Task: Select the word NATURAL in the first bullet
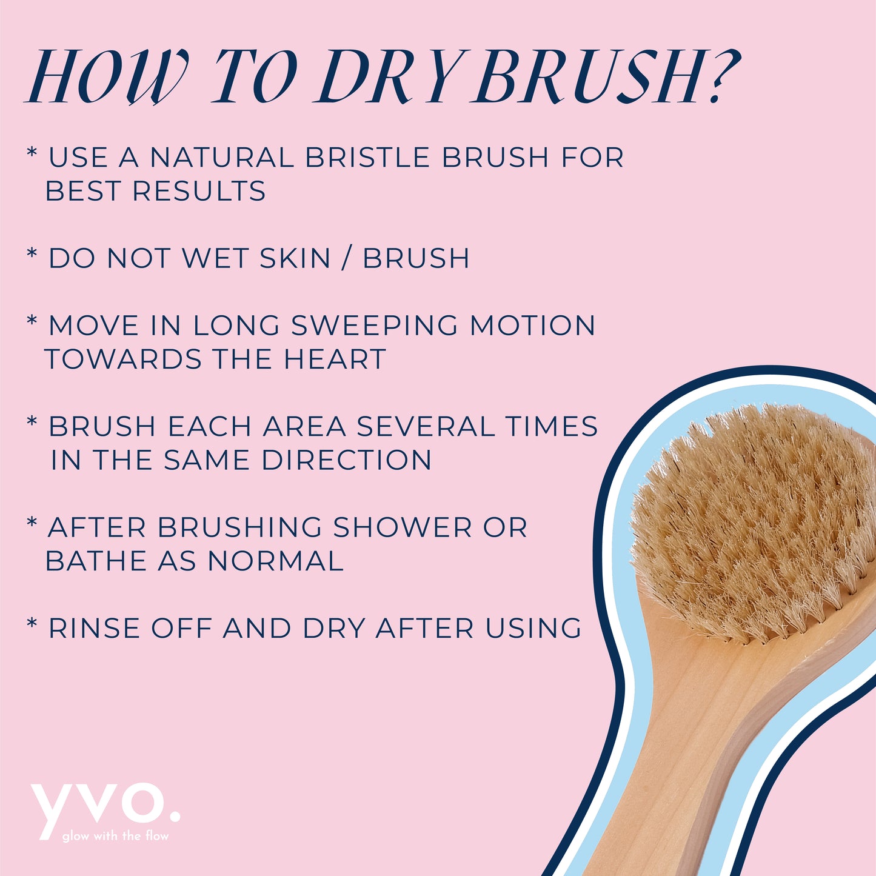click(x=222, y=158)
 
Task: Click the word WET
click(x=215, y=258)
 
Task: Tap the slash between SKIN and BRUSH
click(x=347, y=259)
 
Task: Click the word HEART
click(x=335, y=359)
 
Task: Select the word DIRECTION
click(x=347, y=460)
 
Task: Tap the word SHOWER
click(x=403, y=527)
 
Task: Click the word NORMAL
click(x=276, y=561)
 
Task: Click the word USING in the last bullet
click(x=533, y=628)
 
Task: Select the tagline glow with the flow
click(x=115, y=836)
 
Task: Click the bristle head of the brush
click(x=752, y=521)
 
